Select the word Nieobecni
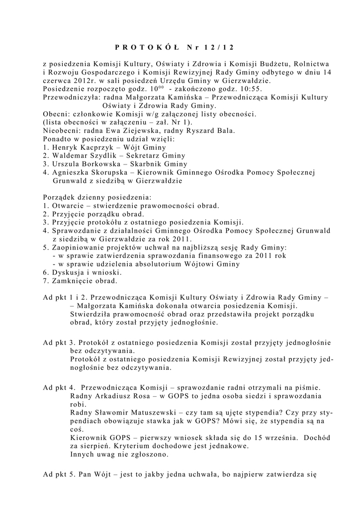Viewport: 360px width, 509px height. pyautogui.click(x=63, y=131)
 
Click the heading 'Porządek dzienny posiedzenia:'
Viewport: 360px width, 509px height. pyautogui.click(x=97, y=197)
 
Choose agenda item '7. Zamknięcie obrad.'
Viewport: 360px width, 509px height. pyautogui.click(x=80, y=281)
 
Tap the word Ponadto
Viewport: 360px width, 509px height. pyautogui.click(x=59, y=139)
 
